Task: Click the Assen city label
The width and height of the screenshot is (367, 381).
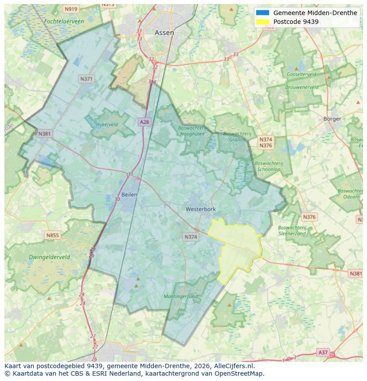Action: point(164,33)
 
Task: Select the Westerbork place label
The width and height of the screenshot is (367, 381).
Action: point(200,209)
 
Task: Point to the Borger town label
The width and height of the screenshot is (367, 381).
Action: point(332,119)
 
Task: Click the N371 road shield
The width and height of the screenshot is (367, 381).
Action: point(86,79)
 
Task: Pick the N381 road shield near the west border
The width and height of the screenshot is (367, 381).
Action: point(44,134)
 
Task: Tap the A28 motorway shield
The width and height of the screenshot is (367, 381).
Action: point(144,122)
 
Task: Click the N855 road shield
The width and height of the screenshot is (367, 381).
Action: point(52,235)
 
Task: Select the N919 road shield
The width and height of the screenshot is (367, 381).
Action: point(70,9)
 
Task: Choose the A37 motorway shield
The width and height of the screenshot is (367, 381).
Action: point(323,352)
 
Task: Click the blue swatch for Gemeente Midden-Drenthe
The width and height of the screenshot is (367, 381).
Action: point(262,13)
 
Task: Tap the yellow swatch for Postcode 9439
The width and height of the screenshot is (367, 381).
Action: point(262,22)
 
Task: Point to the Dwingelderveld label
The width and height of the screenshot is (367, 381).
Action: point(49,257)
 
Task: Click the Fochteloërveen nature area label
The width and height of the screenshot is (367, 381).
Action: point(64,21)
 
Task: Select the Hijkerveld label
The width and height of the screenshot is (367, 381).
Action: point(107,124)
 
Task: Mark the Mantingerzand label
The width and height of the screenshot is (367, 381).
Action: point(180,296)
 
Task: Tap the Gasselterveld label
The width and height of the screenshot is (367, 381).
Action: point(301,74)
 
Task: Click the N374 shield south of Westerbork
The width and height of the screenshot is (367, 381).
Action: point(190,237)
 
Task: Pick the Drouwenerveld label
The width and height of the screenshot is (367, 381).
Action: point(302,87)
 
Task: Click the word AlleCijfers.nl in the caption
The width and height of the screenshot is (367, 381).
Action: point(231,366)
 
